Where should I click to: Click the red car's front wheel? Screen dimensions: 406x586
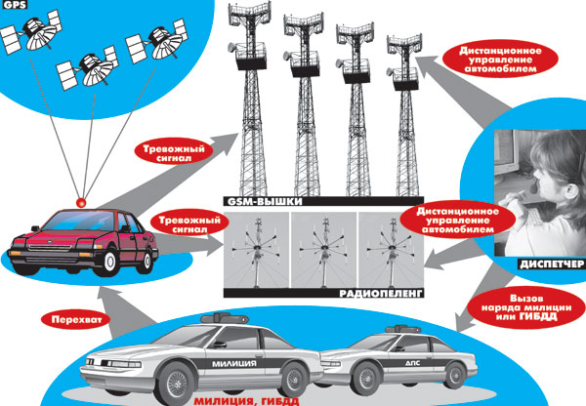click(113, 258)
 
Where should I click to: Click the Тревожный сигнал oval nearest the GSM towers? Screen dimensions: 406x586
click(175, 152)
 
